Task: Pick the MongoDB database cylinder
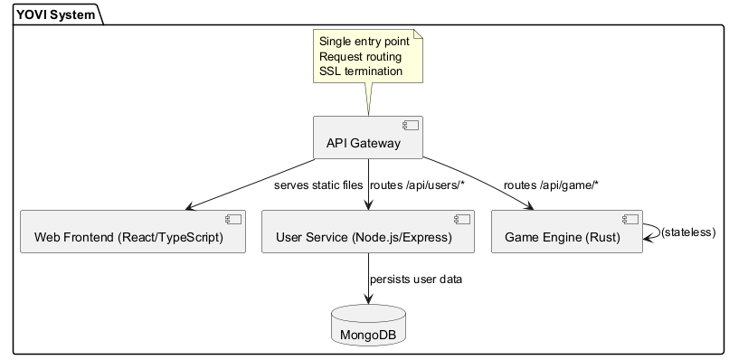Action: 367,326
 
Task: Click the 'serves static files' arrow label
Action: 318,185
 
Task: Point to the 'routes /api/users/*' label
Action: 417,185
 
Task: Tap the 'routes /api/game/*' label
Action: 551,185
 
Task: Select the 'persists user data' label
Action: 416,279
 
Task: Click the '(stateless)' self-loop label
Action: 688,232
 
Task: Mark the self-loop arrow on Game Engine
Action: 651,232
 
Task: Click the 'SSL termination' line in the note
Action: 361,71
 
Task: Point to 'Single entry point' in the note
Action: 364,42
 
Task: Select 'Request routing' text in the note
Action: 360,56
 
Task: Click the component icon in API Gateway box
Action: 413,126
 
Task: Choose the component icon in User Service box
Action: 463,218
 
